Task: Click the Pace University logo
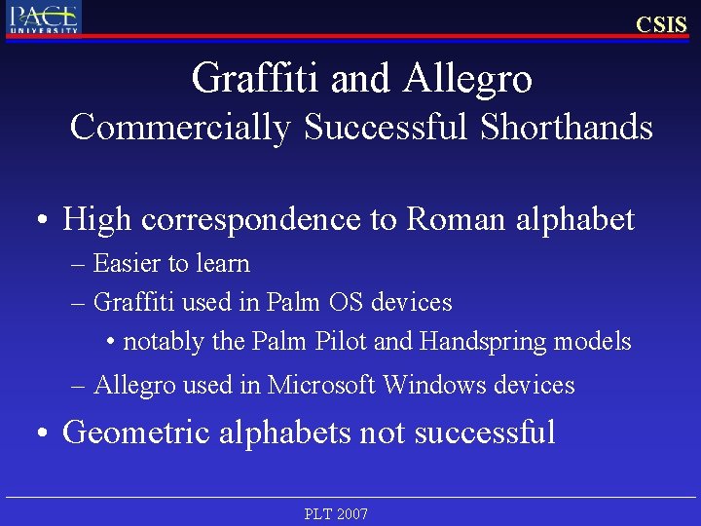pos(44,18)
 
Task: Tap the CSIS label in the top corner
pos(661,24)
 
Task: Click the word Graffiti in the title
pos(256,78)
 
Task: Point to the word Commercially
pos(180,128)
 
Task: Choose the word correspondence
pos(254,220)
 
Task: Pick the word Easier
pos(122,263)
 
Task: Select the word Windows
pos(434,385)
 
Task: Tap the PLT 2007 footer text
pos(336,513)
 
